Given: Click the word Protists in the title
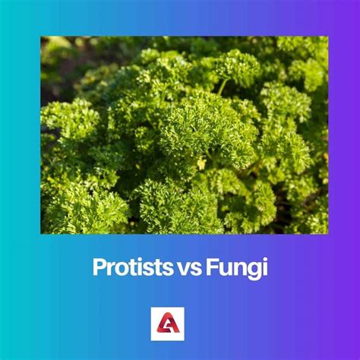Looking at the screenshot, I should pyautogui.click(x=125, y=267).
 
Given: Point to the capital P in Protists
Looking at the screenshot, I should pyautogui.click(x=99, y=267).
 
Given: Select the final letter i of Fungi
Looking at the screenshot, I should pyautogui.click(x=264, y=267).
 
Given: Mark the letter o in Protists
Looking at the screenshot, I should pyautogui.click(x=118, y=268).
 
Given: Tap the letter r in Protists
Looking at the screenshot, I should pyautogui.click(x=109, y=268).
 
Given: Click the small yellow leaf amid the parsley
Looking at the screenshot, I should pyautogui.click(x=201, y=163).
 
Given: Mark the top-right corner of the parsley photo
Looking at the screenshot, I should pyautogui.click(x=327, y=37).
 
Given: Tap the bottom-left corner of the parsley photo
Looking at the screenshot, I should pyautogui.click(x=41, y=232).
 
